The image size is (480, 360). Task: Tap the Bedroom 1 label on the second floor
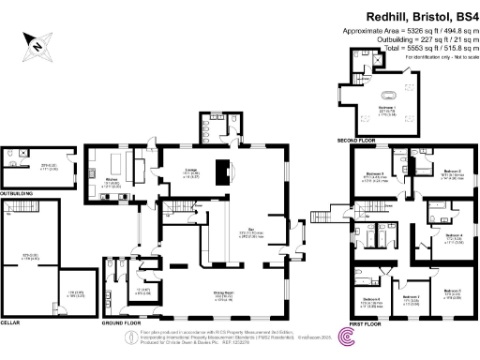(x=385, y=108)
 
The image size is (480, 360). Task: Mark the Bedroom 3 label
(x=374, y=175)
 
